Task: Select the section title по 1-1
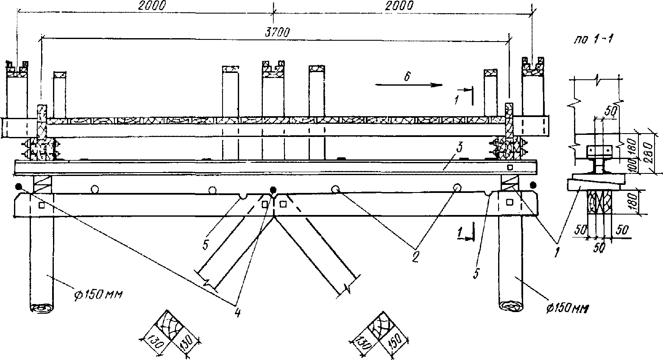593,39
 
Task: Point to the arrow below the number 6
406,85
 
